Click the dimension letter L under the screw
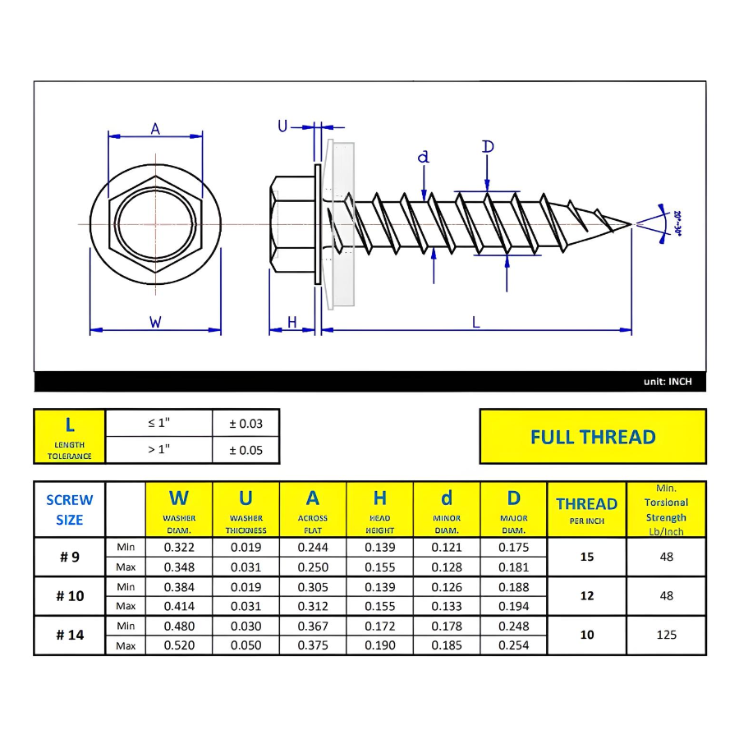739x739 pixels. tap(475, 323)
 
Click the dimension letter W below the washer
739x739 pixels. tap(155, 323)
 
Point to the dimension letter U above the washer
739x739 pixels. tap(282, 126)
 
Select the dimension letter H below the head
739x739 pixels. tap(291, 323)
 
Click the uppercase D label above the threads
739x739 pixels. tap(488, 147)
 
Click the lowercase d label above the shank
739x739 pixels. tap(424, 157)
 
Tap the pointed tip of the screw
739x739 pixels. tap(630, 223)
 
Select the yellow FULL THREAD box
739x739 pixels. tap(592, 437)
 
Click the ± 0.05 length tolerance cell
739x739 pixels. tap(246, 450)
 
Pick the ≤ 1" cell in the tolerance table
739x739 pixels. tap(158, 424)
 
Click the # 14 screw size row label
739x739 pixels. tap(70, 636)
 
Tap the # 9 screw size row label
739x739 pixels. tap(70, 557)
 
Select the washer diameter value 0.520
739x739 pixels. tap(179, 645)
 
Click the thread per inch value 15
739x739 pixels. tap(586, 557)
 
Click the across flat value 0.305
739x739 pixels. tap(313, 587)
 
